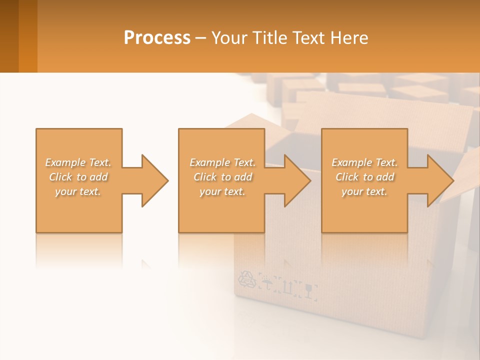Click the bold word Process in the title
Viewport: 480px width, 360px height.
[x=157, y=38]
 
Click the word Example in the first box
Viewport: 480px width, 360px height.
[x=65, y=162]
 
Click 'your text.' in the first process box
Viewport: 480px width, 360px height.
[x=78, y=191]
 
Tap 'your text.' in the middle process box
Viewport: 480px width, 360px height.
[x=222, y=191]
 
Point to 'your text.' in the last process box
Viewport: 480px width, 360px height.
[x=364, y=191]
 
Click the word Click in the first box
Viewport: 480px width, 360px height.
[x=60, y=177]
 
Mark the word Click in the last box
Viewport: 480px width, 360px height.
[x=347, y=177]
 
